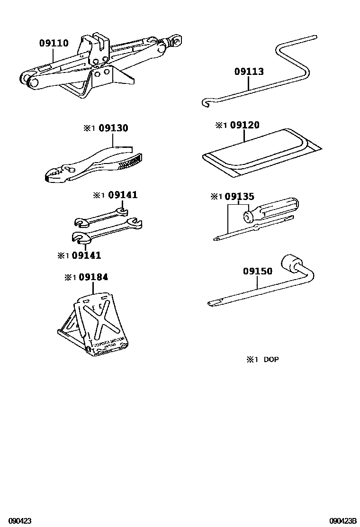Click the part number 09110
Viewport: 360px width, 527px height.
point(54,44)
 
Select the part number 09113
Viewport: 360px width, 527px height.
point(249,72)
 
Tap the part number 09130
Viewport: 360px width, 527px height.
point(113,128)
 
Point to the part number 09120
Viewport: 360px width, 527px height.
point(244,125)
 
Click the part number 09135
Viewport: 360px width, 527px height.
point(239,196)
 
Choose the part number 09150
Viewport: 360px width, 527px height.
point(258,271)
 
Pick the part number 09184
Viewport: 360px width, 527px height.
point(93,277)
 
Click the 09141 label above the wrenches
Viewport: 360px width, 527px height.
point(123,195)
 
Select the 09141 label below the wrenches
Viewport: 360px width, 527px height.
point(86,255)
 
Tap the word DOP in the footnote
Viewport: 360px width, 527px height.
point(270,360)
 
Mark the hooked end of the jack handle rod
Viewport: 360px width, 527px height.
point(206,102)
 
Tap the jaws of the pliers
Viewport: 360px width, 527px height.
point(56,176)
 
